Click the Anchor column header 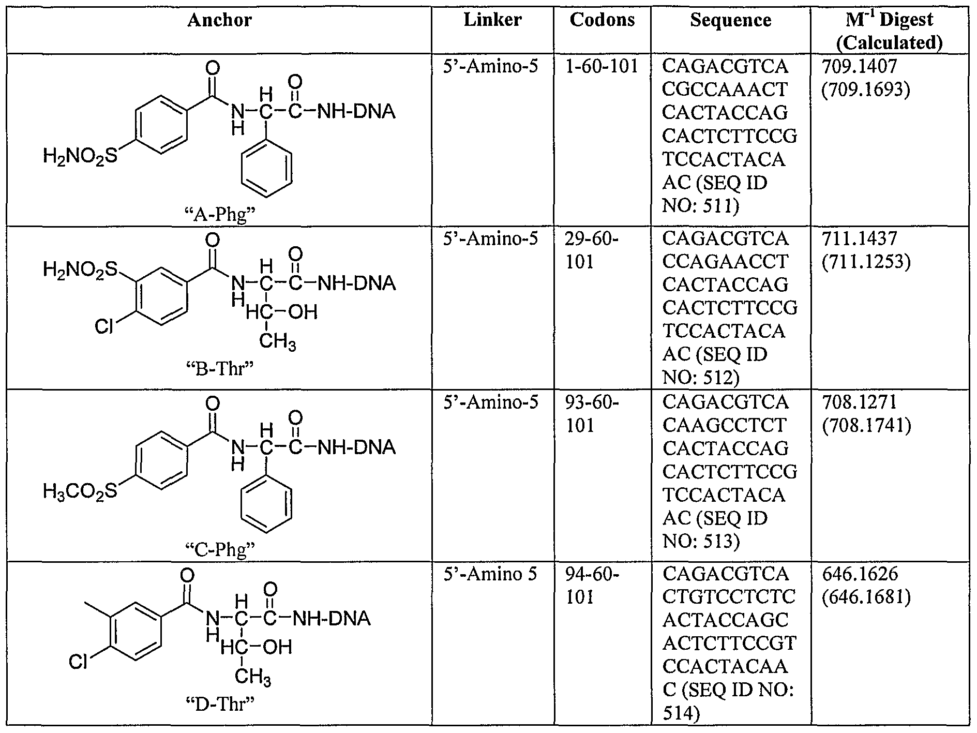[x=219, y=20]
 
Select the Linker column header [x=492, y=20]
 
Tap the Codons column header [x=602, y=20]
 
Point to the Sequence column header [x=730, y=20]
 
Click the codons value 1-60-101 [x=602, y=67]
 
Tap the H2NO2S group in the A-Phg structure [x=81, y=156]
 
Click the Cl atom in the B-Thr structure [x=104, y=327]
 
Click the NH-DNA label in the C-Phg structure [x=356, y=447]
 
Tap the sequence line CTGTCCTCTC [x=729, y=596]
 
